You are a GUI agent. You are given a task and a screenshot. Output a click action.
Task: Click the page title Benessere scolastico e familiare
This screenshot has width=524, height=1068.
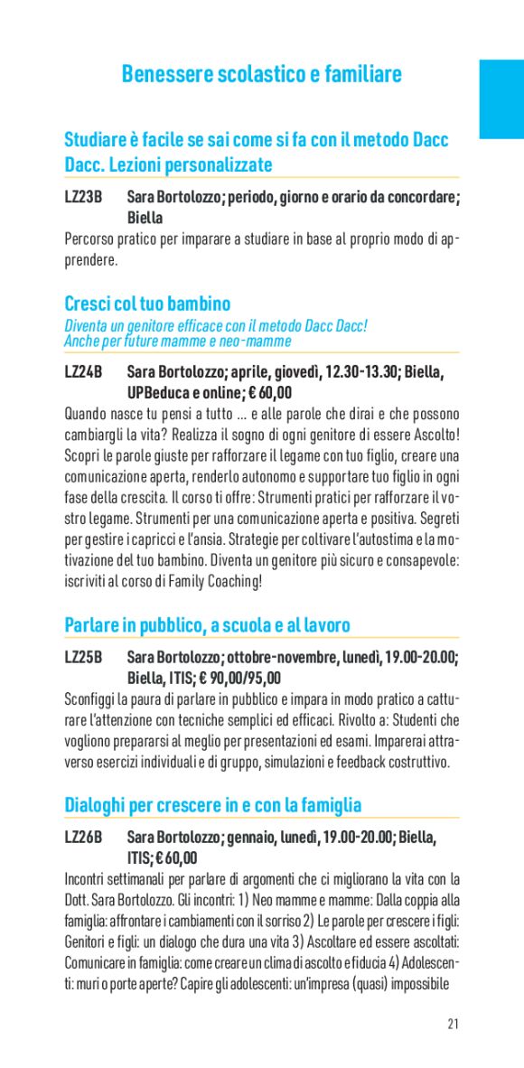coord(261,74)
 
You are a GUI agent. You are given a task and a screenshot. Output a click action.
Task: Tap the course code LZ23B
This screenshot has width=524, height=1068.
coord(83,197)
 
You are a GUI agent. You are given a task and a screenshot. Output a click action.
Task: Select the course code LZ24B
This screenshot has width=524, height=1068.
coord(83,372)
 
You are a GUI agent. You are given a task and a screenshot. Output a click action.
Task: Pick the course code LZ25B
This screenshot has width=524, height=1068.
coord(83,657)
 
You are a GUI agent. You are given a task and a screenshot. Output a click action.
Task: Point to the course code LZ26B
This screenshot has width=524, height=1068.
coord(83,838)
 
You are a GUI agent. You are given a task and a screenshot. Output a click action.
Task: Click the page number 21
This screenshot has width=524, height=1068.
coord(453,1024)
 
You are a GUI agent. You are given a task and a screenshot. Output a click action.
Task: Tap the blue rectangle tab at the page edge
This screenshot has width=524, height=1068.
coord(501,99)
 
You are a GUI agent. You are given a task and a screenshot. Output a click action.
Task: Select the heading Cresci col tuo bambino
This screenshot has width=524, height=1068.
coord(147,304)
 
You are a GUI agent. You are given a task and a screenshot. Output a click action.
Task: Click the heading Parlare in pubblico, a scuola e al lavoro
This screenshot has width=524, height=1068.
coord(207,625)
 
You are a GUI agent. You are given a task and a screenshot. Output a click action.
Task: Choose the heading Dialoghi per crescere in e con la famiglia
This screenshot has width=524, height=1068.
coord(212,805)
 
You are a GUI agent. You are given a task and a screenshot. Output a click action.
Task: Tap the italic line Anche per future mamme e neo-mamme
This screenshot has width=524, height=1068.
coord(177,342)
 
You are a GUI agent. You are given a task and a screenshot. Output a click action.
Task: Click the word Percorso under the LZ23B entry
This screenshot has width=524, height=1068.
coord(94,239)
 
